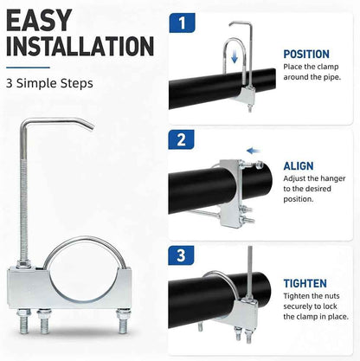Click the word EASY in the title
(x=39, y=20)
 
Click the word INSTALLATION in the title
(x=80, y=46)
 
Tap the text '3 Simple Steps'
(x=49, y=83)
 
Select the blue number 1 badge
(x=182, y=23)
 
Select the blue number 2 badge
(x=181, y=139)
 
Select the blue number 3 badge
(x=181, y=255)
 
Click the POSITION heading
(x=306, y=55)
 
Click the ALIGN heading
(x=299, y=166)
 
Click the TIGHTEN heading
(x=305, y=283)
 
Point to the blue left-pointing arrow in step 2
(x=254, y=151)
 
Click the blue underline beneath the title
(x=28, y=68)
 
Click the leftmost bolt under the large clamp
(x=23, y=321)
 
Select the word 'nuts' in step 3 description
(x=331, y=296)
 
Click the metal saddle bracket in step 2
(x=230, y=193)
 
